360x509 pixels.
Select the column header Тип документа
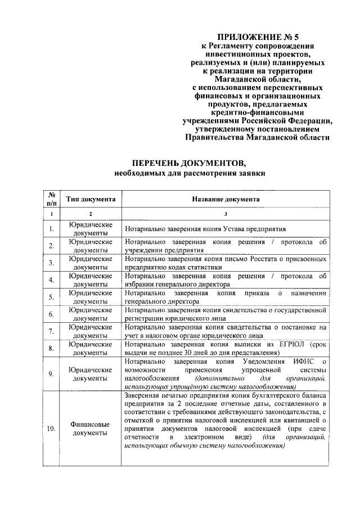coord(91,199)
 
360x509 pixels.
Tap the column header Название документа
coord(226,199)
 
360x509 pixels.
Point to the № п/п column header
coord(51,199)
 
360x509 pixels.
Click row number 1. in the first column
coord(51,229)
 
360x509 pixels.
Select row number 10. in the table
coord(51,429)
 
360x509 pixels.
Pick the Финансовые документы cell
coord(91,429)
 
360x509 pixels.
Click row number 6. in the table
coord(51,314)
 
